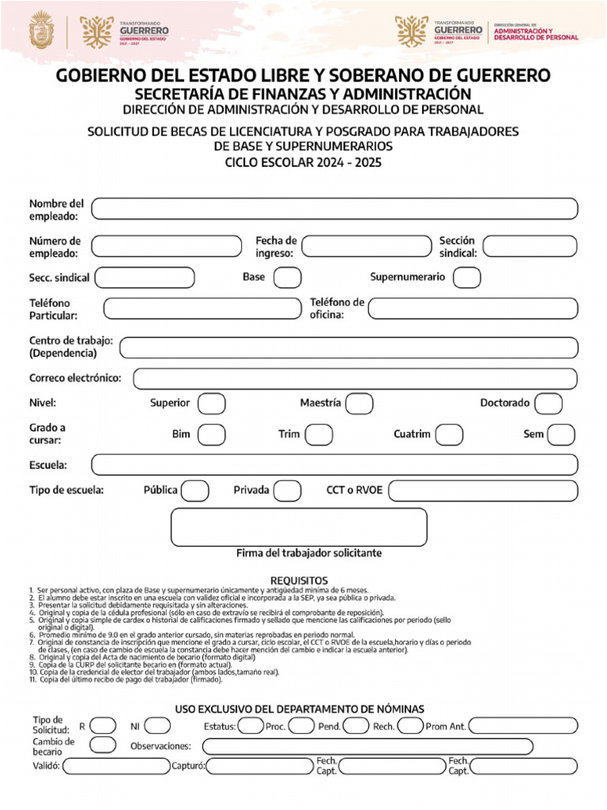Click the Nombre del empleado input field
pyautogui.click(x=334, y=209)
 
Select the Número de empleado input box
pyautogui.click(x=166, y=247)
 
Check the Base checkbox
pyautogui.click(x=287, y=278)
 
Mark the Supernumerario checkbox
pyautogui.click(x=466, y=278)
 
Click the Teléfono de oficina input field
pyautogui.click(x=473, y=308)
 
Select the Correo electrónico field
pyautogui.click(x=355, y=379)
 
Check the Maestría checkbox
pyautogui.click(x=359, y=404)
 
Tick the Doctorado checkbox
pyautogui.click(x=548, y=404)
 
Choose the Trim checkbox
pyautogui.click(x=319, y=435)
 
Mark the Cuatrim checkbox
pyautogui.click(x=449, y=435)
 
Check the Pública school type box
pyautogui.click(x=195, y=490)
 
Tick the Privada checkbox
pyautogui.click(x=287, y=490)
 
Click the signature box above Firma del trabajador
pyautogui.click(x=299, y=527)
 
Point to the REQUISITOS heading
pyautogui.click(x=299, y=581)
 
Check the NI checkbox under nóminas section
pyautogui.click(x=156, y=726)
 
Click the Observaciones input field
pyautogui.click(x=390, y=746)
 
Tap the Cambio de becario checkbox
pyautogui.click(x=102, y=744)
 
